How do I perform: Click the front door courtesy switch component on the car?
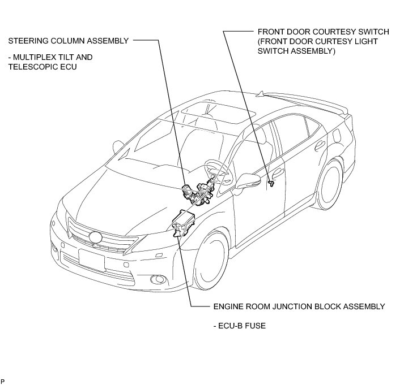pos(271,182)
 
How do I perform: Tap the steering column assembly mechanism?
pos(198,196)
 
